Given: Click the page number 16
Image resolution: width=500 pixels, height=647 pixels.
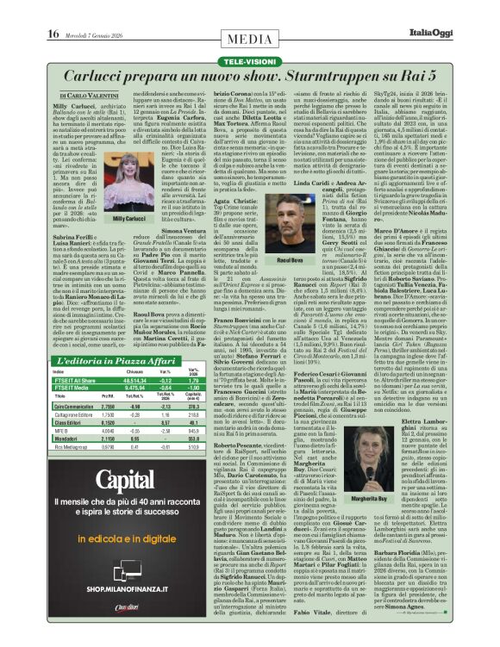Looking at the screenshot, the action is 53,9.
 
